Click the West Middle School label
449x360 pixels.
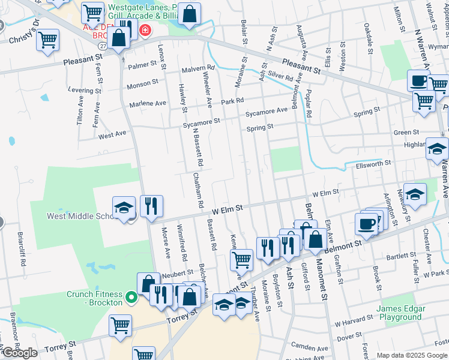(80, 215)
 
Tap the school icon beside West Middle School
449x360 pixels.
(123, 208)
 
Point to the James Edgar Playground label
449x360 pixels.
(401, 312)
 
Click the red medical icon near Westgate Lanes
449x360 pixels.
(144, 29)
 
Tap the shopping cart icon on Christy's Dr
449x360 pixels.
(47, 40)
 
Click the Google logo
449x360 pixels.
(19, 353)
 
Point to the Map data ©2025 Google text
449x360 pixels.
(412, 355)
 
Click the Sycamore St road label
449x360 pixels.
(202, 122)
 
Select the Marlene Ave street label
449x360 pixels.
(148, 104)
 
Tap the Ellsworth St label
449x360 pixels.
(373, 163)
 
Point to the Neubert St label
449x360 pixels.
(176, 274)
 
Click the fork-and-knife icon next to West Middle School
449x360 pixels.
(151, 206)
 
